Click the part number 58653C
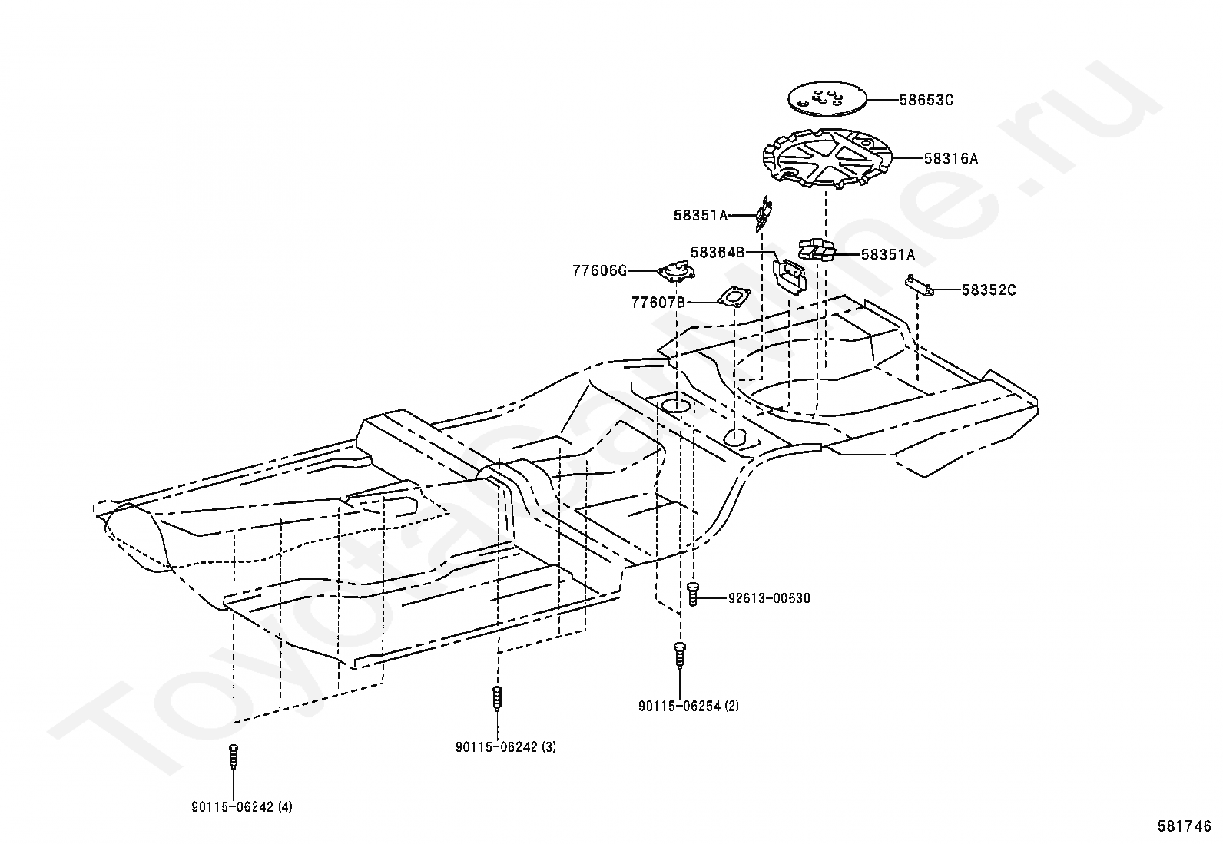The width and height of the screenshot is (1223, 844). [x=926, y=100]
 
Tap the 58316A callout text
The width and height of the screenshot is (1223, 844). [x=951, y=159]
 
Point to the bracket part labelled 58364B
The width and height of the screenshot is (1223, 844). [x=788, y=275]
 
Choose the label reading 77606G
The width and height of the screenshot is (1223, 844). [x=600, y=270]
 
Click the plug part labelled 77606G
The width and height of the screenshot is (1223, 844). [x=677, y=270]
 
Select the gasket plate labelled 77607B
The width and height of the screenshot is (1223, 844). [x=734, y=296]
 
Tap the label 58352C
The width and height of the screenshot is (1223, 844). [x=989, y=290]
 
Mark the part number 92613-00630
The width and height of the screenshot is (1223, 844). [x=769, y=598]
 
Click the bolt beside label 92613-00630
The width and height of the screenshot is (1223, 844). [x=693, y=594]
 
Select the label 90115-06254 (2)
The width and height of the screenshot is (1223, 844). [x=688, y=706]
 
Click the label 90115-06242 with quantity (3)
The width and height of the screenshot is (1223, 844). [x=505, y=746]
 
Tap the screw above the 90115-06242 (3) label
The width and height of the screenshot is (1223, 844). [x=497, y=698]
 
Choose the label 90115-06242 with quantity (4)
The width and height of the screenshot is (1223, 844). [x=242, y=807]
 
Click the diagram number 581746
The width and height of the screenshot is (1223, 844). [x=1185, y=826]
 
